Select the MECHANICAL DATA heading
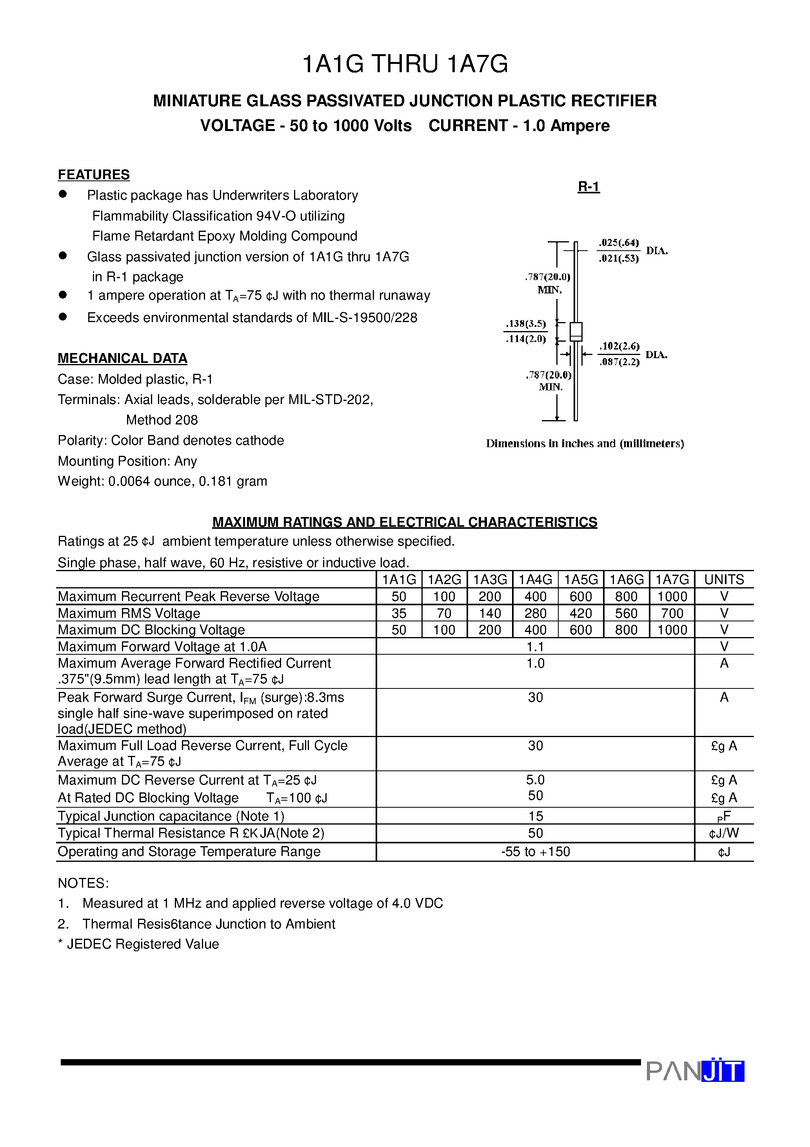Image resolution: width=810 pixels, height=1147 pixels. [122, 358]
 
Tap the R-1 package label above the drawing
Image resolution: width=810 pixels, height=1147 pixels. [588, 186]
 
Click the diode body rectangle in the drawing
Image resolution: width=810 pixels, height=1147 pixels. [576, 331]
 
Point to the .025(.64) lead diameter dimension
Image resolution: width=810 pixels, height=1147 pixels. [619, 243]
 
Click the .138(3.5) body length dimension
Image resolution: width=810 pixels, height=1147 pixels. [526, 324]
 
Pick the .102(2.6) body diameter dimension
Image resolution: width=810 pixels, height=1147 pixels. [619, 346]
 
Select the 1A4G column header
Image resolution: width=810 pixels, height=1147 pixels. [535, 579]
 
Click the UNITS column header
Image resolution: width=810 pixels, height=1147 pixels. [724, 579]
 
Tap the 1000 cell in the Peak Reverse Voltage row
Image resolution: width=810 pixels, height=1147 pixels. [672, 597]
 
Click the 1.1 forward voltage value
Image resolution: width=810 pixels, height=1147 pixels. [535, 647]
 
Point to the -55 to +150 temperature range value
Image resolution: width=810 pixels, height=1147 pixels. [535, 852]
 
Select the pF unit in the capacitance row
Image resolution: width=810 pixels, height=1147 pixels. [724, 817]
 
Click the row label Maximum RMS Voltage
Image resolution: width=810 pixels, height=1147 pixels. [129, 614]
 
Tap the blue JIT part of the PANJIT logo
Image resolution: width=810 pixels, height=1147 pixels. [723, 1071]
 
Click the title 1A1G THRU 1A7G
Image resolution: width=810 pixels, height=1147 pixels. [405, 64]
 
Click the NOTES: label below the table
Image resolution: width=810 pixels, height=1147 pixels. [83, 883]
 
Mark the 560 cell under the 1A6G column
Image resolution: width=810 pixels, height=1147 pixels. [626, 614]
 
